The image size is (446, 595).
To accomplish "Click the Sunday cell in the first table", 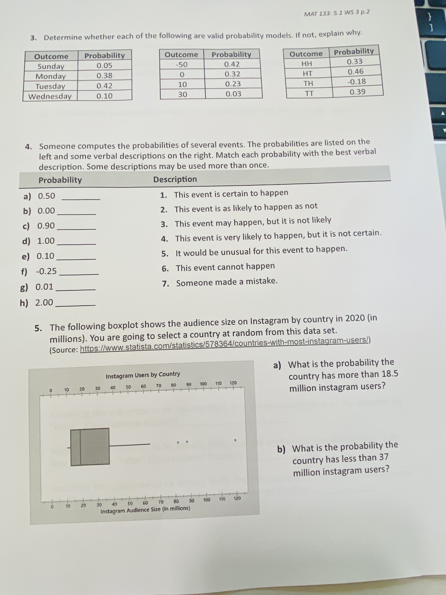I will tap(51, 66).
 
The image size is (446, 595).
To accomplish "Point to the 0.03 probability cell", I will tap(233, 94).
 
